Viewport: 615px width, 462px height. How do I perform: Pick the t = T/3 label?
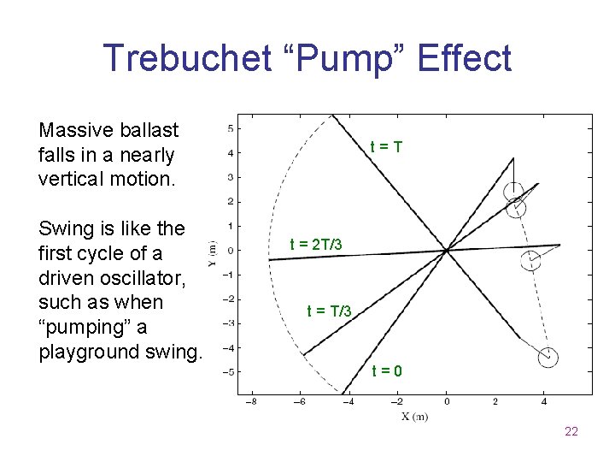pyautogui.click(x=329, y=311)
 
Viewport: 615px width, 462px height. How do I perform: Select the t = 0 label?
pyautogui.click(x=387, y=371)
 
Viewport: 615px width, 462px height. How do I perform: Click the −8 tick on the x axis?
pyautogui.click(x=250, y=401)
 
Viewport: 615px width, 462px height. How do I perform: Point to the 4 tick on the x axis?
pyautogui.click(x=544, y=401)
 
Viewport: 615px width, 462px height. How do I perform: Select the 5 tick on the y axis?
pyautogui.click(x=229, y=128)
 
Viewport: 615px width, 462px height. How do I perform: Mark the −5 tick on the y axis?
pyautogui.click(x=227, y=372)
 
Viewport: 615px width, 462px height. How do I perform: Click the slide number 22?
pyautogui.click(x=571, y=431)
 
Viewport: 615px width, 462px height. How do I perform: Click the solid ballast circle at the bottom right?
pyautogui.click(x=548, y=357)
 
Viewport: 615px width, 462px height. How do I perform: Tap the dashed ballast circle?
pyautogui.click(x=530, y=260)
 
